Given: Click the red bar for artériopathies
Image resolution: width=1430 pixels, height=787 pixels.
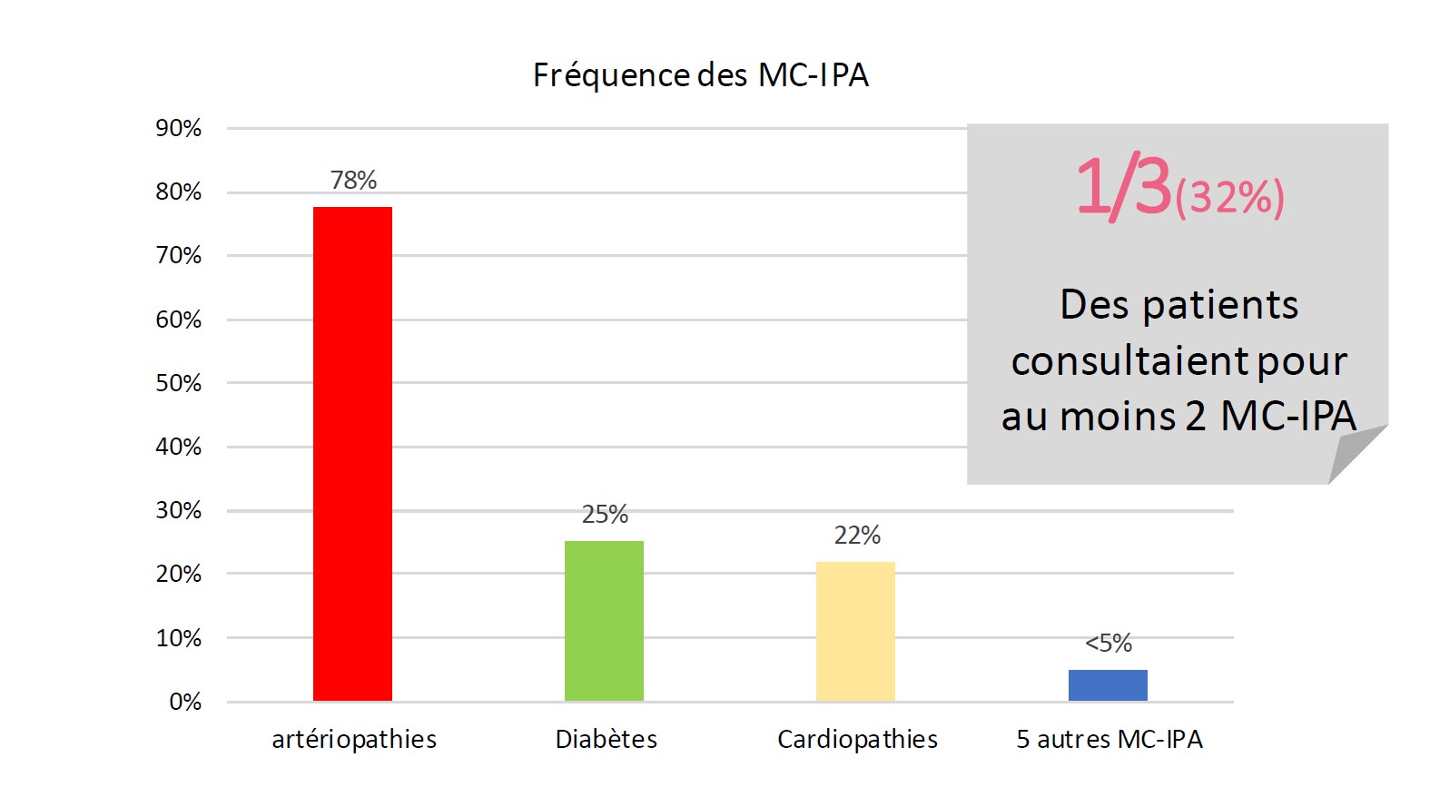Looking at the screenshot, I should pyautogui.click(x=352, y=454).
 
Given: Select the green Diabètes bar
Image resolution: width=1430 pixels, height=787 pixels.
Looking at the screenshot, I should pyautogui.click(x=604, y=621).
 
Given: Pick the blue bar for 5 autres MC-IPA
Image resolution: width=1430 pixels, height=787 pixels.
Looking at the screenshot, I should pyautogui.click(x=1108, y=685).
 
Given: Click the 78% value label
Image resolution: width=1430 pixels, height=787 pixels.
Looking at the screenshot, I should pyautogui.click(x=353, y=180).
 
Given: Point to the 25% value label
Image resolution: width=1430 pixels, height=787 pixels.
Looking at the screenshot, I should pyautogui.click(x=605, y=515).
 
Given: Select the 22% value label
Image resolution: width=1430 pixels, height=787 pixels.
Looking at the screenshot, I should pyautogui.click(x=857, y=536).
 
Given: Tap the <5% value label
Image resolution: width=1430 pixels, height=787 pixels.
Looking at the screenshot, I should pyautogui.click(x=1109, y=644).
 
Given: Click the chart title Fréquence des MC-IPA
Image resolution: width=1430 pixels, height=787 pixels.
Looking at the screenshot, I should pyautogui.click(x=700, y=75).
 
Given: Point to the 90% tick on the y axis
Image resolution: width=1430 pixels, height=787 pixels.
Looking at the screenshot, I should pyautogui.click(x=178, y=128).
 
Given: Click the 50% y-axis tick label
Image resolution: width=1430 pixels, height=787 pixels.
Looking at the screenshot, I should pyautogui.click(x=178, y=383).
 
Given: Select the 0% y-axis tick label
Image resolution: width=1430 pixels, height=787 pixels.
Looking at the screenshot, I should pyautogui.click(x=185, y=702).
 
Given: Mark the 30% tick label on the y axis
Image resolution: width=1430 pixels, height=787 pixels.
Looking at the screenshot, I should pyautogui.click(x=178, y=510).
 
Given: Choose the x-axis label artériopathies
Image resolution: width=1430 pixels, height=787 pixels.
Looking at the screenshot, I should pyautogui.click(x=354, y=740).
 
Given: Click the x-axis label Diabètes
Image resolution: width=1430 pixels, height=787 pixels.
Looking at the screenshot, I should pyautogui.click(x=606, y=740).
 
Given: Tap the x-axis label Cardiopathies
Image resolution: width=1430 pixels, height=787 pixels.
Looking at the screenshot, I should pyautogui.click(x=857, y=740).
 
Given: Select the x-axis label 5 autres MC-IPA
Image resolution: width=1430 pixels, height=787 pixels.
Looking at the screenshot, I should pyautogui.click(x=1109, y=740).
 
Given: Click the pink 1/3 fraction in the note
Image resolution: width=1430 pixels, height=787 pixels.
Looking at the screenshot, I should pyautogui.click(x=1124, y=187).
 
